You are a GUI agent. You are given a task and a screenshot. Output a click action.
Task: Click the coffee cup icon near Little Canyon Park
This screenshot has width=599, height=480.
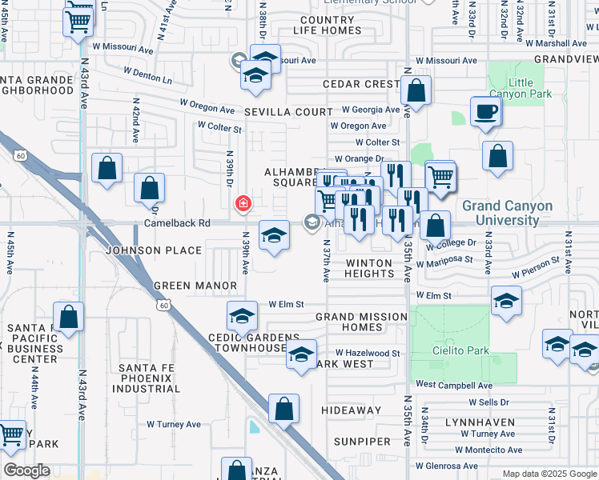click(x=484, y=112)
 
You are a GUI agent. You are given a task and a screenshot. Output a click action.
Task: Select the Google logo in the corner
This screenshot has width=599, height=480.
click(x=26, y=470)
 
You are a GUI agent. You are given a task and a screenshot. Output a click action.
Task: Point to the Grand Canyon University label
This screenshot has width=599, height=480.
click(x=507, y=213)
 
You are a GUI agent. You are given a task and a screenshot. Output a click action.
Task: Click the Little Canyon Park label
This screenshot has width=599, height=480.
click(x=530, y=88)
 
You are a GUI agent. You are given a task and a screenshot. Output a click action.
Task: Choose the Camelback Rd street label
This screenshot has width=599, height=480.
click(x=177, y=223)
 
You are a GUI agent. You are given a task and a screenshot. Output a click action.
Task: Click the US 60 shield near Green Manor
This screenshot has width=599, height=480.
click(x=163, y=306)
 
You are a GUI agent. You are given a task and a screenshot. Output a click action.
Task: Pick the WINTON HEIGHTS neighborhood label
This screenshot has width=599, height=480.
click(x=369, y=268)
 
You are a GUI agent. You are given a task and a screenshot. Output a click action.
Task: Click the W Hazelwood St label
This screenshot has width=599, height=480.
click(x=367, y=353)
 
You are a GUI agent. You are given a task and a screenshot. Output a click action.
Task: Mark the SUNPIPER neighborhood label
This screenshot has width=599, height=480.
click(x=362, y=441)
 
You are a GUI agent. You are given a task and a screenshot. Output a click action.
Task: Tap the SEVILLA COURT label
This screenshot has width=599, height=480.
click(x=288, y=112)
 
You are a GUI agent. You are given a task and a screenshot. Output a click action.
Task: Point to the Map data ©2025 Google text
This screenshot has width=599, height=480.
click(x=549, y=474)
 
